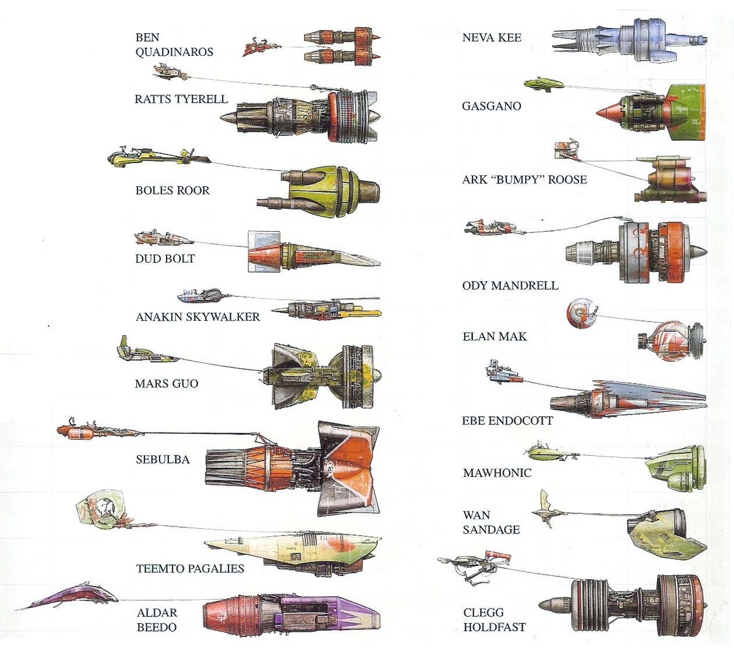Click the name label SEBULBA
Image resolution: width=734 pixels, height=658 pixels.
click(163, 459)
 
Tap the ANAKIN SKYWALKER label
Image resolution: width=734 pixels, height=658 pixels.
click(197, 317)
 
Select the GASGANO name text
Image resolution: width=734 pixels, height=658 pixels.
click(491, 106)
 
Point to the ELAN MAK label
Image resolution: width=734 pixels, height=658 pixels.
click(494, 337)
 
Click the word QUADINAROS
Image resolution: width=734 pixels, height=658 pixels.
click(174, 52)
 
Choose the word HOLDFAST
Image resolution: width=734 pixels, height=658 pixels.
click(494, 627)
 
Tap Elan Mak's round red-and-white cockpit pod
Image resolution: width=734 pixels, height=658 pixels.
click(581, 313)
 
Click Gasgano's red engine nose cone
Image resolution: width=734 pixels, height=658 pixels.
click(609, 112)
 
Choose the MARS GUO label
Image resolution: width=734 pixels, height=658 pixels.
click(167, 384)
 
